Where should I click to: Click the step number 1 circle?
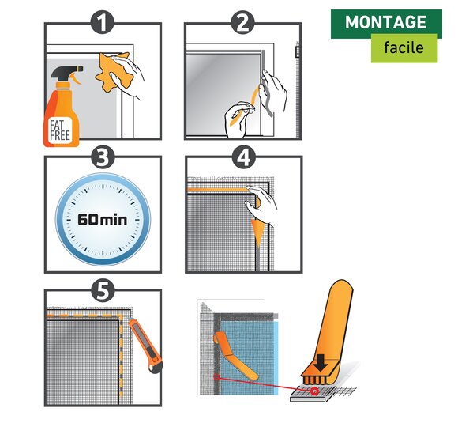pyautogui.click(x=102, y=22)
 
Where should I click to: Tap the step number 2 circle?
pyautogui.click(x=242, y=22)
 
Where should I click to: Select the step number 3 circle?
pyautogui.click(x=102, y=157)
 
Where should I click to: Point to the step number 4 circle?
pyautogui.click(x=244, y=157)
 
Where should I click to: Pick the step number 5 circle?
pyautogui.click(x=102, y=290)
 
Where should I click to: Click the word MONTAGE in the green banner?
pyautogui.click(x=386, y=22)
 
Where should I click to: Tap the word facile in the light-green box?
pyautogui.click(x=404, y=47)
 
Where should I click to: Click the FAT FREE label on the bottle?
pyautogui.click(x=60, y=130)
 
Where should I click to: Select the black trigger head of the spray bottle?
pyautogui.click(x=66, y=72)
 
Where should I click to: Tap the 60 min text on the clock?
pyautogui.click(x=102, y=219)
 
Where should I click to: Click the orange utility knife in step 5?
pyautogui.click(x=146, y=345)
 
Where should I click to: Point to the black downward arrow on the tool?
pyautogui.click(x=321, y=363)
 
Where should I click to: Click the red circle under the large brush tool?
pyautogui.click(x=314, y=391)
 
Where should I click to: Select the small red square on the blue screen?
pyautogui.click(x=216, y=377)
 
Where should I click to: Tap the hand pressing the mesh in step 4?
pyautogui.click(x=261, y=205)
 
